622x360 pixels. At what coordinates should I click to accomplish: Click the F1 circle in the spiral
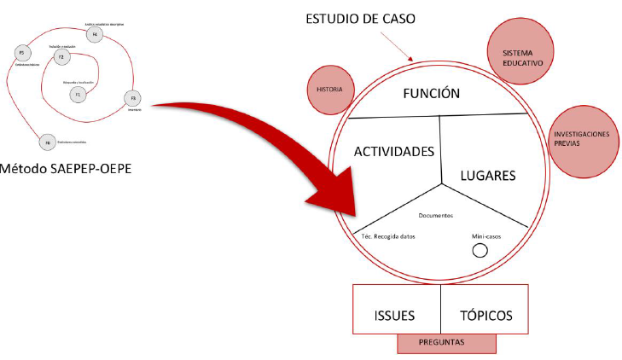pyautogui.click(x=77, y=94)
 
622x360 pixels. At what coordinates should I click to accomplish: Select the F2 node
pyautogui.click(x=61, y=57)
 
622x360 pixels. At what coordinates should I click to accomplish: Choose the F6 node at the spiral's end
pyautogui.click(x=48, y=142)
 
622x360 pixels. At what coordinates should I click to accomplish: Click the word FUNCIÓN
pyautogui.click(x=432, y=94)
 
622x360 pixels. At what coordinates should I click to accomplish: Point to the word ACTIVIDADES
pyautogui.click(x=394, y=151)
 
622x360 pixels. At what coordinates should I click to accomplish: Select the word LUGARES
pyautogui.click(x=488, y=176)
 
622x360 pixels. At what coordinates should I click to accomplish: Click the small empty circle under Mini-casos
pyautogui.click(x=480, y=251)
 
